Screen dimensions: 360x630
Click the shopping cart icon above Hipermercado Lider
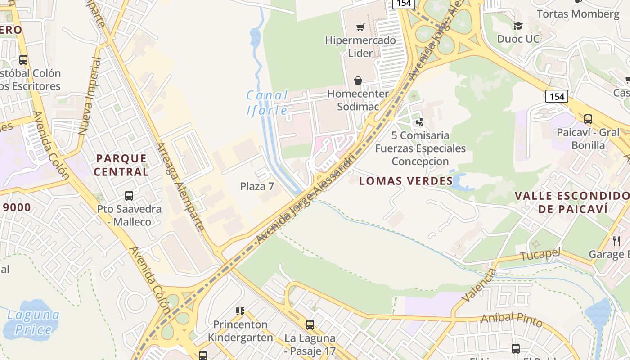click(360, 27)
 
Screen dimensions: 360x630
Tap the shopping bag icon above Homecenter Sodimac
click(358, 81)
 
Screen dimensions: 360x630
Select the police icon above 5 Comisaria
click(420, 122)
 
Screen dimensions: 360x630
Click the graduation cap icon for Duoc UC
click(518, 26)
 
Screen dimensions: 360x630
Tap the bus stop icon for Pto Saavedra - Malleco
click(129, 196)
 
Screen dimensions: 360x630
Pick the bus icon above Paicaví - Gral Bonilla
click(588, 119)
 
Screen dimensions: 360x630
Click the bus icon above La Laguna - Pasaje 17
click(310, 324)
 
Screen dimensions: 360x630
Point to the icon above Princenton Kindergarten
click(240, 311)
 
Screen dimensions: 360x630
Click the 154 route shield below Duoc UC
click(557, 96)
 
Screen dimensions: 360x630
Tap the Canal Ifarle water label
click(267, 103)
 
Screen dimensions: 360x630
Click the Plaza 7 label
click(257, 186)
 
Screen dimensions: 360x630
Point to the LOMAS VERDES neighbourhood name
click(406, 181)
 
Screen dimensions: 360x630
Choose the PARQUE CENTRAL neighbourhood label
click(121, 165)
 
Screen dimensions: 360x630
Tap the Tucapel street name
click(540, 255)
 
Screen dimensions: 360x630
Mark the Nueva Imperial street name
click(89, 96)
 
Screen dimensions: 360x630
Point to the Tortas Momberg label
click(578, 14)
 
